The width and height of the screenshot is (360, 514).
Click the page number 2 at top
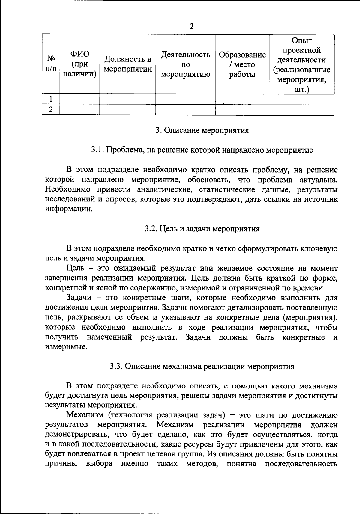pyautogui.click(x=191, y=27)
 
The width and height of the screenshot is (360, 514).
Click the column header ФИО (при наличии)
pyautogui.click(x=80, y=64)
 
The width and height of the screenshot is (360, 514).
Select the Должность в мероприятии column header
pyautogui.click(x=128, y=64)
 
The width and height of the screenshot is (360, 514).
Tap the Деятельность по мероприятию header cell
pyautogui.click(x=186, y=64)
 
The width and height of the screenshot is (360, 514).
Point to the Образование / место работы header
pyautogui.click(x=242, y=64)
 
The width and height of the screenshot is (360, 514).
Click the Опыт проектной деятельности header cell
pyautogui.click(x=301, y=64)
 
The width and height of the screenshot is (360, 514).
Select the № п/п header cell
pyautogui.click(x=51, y=64)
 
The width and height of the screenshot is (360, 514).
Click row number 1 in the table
pyautogui.click(x=51, y=99)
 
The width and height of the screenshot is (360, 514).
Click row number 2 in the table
pyautogui.click(x=51, y=110)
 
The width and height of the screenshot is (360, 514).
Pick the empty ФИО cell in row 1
pyautogui.click(x=80, y=99)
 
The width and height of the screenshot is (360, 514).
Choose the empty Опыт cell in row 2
pyautogui.click(x=301, y=110)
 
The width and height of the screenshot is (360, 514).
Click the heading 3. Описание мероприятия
pyautogui.click(x=202, y=130)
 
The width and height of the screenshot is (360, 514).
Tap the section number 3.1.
pyautogui.click(x=97, y=150)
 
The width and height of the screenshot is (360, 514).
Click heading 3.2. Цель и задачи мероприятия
pyautogui.click(x=202, y=229)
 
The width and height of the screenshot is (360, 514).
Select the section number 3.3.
pyautogui.click(x=116, y=366)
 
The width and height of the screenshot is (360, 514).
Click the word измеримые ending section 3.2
pyautogui.click(x=66, y=347)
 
